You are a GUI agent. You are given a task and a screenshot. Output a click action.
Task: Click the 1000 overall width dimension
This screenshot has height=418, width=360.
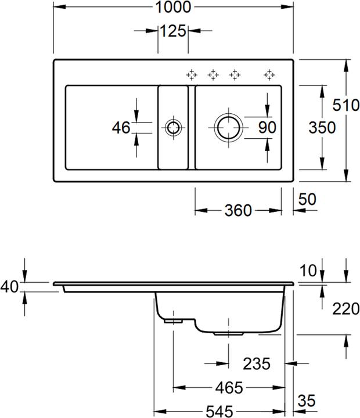173,8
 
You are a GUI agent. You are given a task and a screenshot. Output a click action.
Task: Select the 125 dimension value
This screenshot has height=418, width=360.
173,31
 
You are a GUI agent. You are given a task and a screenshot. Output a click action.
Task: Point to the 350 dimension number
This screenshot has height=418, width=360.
323,127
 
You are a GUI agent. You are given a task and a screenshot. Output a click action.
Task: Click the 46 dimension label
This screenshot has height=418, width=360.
121,127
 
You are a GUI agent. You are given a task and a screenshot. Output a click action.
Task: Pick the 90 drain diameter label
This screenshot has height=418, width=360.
267,127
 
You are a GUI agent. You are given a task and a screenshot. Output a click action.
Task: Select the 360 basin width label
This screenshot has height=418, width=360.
238,210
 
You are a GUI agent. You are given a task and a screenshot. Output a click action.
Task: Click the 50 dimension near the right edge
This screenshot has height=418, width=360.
307,199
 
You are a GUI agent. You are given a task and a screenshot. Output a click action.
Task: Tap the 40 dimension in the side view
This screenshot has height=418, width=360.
10,287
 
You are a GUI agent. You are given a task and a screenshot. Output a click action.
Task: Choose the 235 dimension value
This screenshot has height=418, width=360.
256,364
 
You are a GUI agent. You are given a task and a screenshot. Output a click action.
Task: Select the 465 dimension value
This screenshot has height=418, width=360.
229,387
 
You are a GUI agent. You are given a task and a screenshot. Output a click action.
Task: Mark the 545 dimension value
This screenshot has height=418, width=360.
223,410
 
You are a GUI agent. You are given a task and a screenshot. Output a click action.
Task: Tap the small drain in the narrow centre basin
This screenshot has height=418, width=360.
172,127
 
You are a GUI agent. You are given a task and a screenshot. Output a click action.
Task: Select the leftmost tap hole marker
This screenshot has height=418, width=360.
192,74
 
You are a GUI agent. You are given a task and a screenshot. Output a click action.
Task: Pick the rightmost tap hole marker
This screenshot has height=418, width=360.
269,74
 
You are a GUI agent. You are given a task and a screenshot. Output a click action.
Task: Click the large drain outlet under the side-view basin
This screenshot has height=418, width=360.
228,334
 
